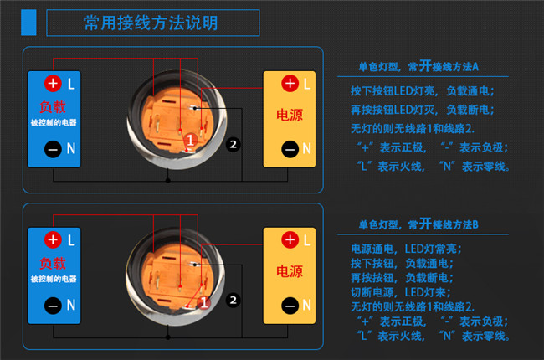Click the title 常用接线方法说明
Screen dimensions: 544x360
coord(151,23)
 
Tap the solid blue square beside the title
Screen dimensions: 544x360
coord(28,23)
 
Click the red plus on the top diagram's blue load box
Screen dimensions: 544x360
coord(53,84)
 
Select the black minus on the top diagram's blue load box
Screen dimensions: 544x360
coord(53,149)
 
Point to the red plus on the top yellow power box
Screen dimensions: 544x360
coord(290,84)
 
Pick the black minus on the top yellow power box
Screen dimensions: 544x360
coord(290,149)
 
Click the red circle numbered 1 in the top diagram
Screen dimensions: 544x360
coord(190,141)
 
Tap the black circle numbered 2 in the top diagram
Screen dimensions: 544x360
coord(234,144)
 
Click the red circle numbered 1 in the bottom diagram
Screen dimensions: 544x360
coord(203,303)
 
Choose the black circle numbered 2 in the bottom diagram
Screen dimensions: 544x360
coord(234,301)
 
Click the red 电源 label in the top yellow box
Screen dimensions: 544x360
coord(290,115)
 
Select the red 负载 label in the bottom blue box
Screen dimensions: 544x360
coord(53,264)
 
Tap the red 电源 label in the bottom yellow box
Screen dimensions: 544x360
coord(290,271)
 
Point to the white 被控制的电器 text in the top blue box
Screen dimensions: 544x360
coord(54,122)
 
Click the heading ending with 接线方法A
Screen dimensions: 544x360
coord(418,66)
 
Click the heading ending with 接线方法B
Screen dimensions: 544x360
coord(418,224)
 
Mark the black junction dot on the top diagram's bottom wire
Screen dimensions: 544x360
coord(168,181)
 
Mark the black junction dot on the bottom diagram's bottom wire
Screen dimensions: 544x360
coord(168,337)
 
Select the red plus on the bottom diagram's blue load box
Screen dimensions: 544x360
coord(53,239)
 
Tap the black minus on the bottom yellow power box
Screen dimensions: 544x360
coord(290,306)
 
